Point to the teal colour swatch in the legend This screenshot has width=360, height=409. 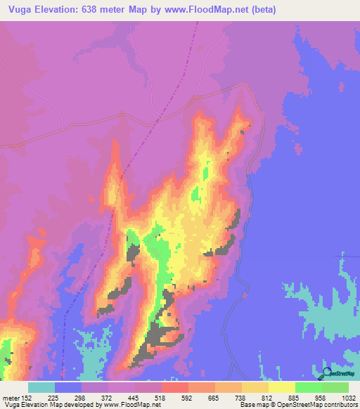[x=41, y=387]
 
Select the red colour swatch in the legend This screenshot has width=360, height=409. [x=175, y=387]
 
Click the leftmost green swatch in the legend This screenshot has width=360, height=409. [x=309, y=387]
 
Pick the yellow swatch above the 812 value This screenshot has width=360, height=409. [x=255, y=387]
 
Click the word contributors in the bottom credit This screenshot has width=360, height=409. [x=342, y=405]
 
